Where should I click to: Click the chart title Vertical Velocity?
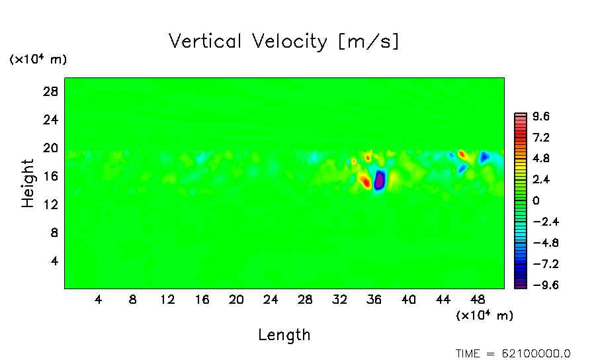click(247, 42)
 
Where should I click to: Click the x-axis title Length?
click(284, 335)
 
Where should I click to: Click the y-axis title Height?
click(28, 183)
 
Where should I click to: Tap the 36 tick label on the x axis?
click(374, 299)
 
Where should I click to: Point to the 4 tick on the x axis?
click(99, 299)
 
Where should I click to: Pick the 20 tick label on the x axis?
click(237, 299)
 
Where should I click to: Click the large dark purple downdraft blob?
click(379, 180)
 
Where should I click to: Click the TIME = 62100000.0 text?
click(513, 353)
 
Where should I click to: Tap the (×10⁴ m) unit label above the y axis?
click(38, 60)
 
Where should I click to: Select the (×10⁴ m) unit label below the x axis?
click(484, 316)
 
